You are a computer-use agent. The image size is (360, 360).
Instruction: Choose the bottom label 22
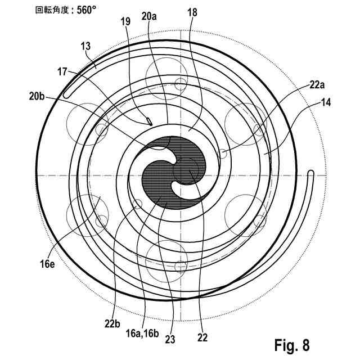(202, 338)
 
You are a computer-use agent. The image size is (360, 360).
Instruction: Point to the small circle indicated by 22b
(136, 204)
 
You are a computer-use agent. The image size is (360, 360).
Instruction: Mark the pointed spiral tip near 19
(148, 121)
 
